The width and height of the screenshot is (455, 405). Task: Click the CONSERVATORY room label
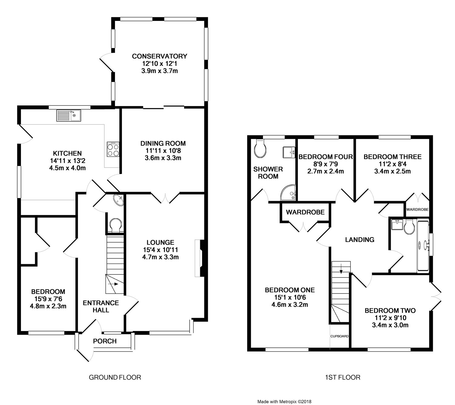[x=159, y=56]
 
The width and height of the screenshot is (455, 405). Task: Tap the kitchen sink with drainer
[x=69, y=116]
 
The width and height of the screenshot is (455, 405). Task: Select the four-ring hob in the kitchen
[x=113, y=149]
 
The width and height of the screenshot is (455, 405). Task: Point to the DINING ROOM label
[x=163, y=143]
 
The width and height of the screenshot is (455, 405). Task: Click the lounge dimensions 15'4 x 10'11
[x=160, y=250]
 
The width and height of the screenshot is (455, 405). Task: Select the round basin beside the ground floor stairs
[x=118, y=200]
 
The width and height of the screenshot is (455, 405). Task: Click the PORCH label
[x=105, y=341]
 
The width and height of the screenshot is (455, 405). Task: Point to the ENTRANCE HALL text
[x=101, y=306]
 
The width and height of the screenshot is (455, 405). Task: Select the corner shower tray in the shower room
[x=288, y=193]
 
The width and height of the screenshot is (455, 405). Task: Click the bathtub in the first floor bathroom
[x=423, y=246]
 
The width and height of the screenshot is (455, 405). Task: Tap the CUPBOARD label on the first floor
[x=339, y=336]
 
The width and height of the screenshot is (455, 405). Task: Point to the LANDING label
[x=359, y=240]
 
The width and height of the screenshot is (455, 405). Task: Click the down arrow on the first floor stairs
[x=341, y=268]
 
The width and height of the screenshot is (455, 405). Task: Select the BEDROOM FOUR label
[x=325, y=157]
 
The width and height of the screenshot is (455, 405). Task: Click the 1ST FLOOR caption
[x=342, y=377]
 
